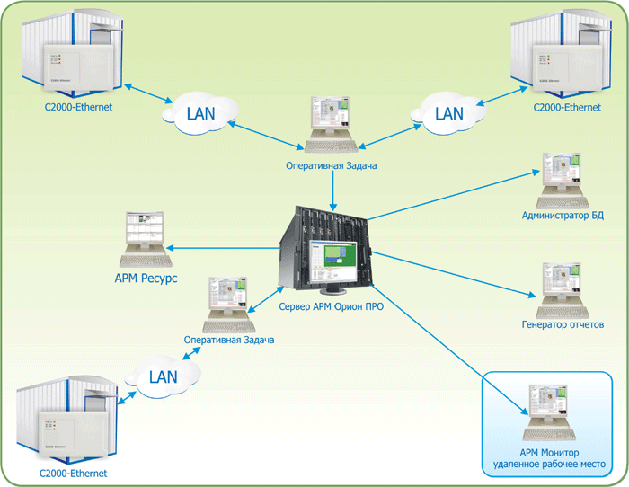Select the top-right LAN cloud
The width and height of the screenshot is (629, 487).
click(x=448, y=114)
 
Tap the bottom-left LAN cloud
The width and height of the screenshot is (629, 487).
click(x=164, y=377)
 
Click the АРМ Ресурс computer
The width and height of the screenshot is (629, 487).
click(x=145, y=239)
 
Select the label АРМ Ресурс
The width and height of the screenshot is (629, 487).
click(x=146, y=279)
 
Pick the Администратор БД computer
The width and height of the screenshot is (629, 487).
click(x=561, y=179)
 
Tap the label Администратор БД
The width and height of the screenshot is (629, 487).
click(x=562, y=217)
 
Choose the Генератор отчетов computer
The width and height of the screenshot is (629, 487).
click(x=561, y=288)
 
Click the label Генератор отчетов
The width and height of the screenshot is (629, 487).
click(x=563, y=324)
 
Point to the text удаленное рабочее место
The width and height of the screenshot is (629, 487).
click(x=549, y=465)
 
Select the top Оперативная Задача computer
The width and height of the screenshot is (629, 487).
click(x=332, y=126)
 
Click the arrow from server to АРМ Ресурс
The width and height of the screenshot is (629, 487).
click(x=225, y=248)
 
